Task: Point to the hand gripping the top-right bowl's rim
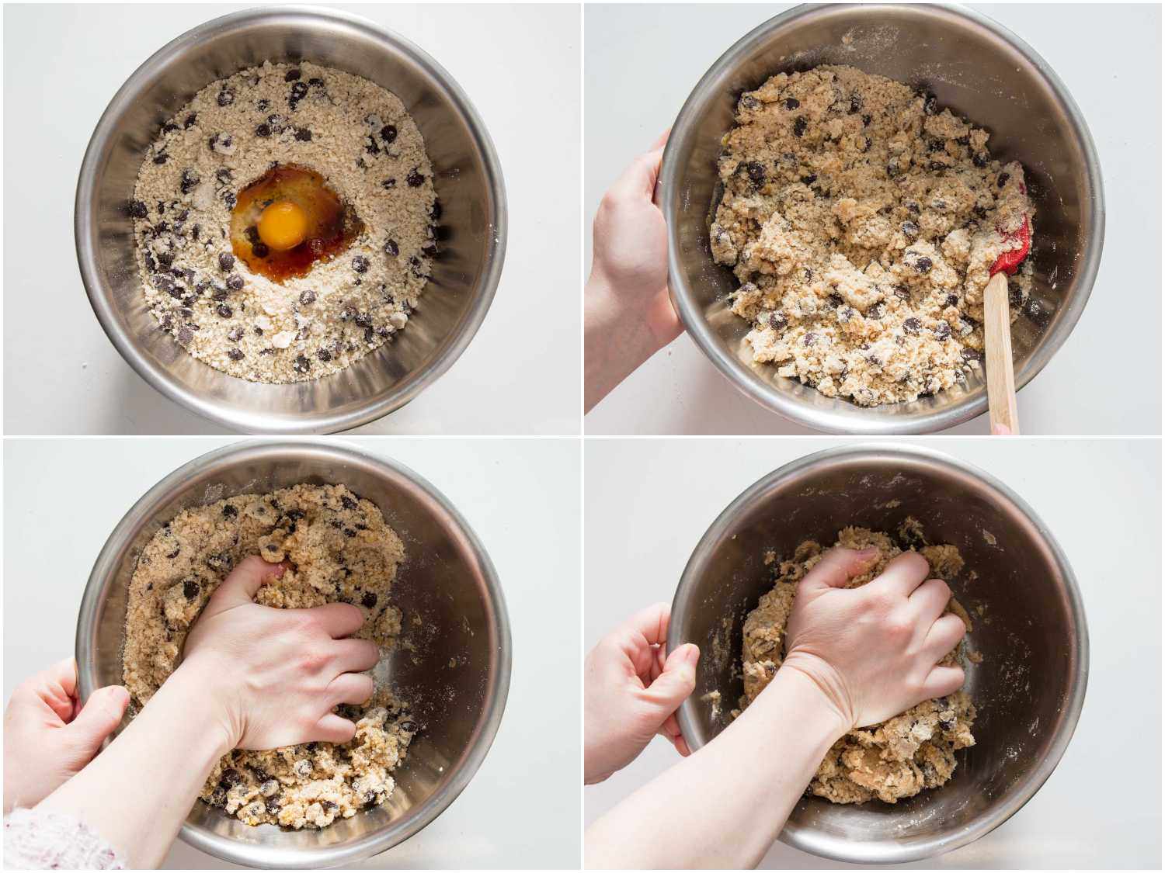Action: (x=629, y=248)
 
